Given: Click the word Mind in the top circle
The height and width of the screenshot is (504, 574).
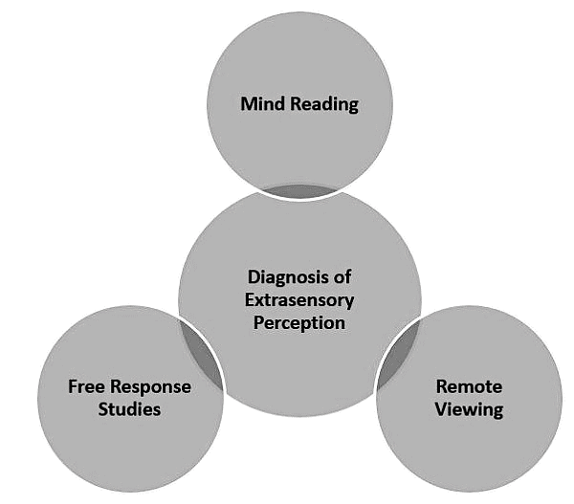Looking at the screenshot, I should click(263, 103).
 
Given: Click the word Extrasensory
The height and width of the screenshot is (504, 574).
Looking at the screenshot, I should click(299, 299).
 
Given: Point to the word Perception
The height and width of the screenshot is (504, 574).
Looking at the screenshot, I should click(299, 322).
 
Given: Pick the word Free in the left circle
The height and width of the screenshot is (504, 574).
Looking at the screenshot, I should click(86, 387).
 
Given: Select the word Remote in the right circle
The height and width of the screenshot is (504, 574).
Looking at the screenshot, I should click(469, 387).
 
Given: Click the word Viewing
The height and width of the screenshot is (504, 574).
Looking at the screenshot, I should click(469, 410).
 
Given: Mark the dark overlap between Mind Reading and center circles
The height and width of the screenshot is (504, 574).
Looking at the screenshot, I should click(299, 191).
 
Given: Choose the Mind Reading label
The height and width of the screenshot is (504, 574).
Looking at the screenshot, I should click(299, 103).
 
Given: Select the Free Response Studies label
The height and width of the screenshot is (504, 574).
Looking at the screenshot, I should click(129, 399).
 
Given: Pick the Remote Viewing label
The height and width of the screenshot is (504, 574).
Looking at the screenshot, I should click(469, 399).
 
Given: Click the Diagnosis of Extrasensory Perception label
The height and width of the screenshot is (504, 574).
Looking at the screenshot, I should click(299, 299).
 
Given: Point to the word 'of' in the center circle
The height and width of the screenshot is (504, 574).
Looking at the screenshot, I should click(341, 277).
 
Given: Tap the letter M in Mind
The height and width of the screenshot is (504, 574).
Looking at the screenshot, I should click(249, 103).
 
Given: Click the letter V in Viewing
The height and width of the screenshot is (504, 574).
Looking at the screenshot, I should click(443, 410).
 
